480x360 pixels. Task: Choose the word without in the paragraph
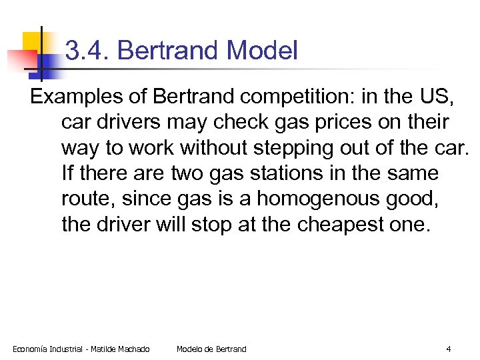point(206,147)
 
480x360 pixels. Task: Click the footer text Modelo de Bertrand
point(211,349)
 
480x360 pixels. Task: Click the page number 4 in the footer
point(449,349)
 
